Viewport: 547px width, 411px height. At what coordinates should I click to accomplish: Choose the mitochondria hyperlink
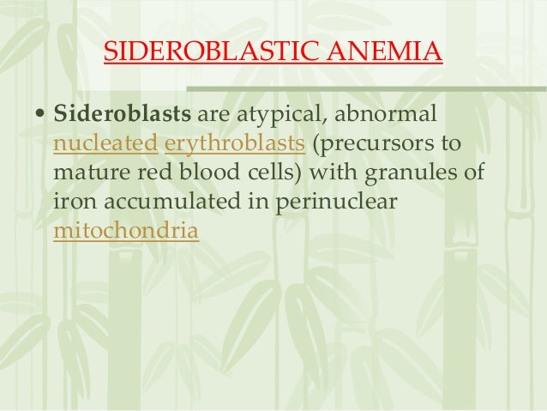(125, 231)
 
